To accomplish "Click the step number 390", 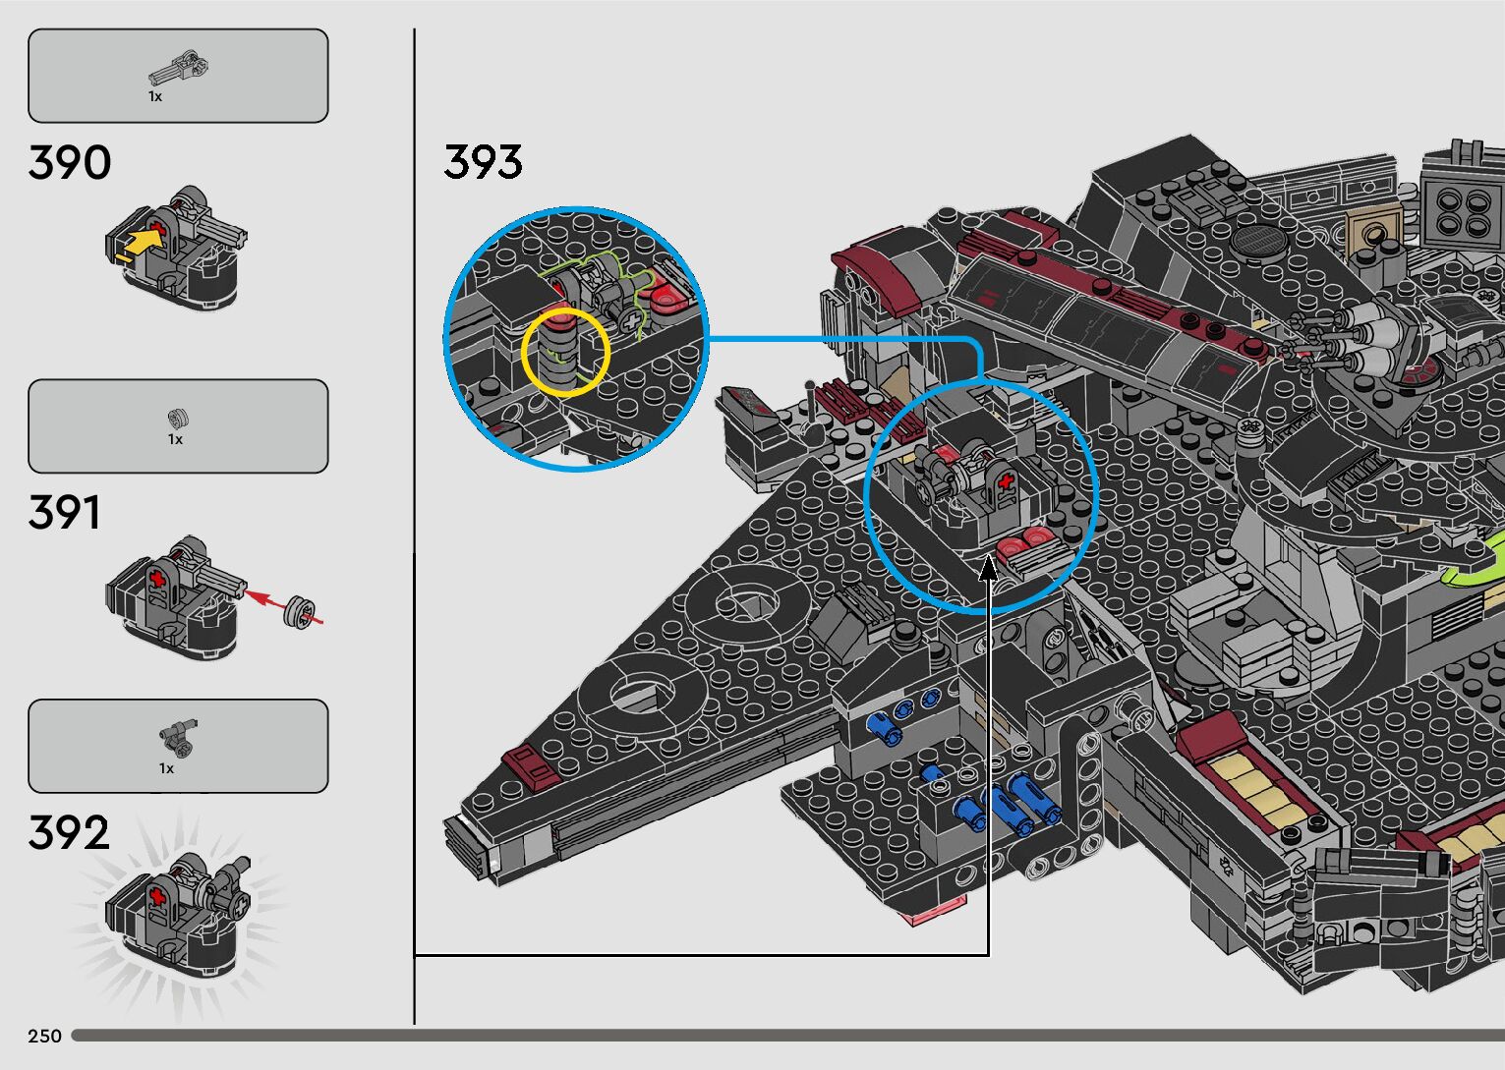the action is point(70,163).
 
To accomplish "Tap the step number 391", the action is point(65,513).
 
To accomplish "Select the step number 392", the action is point(69,833).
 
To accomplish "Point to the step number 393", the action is point(483,162).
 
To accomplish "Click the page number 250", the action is point(44,1036).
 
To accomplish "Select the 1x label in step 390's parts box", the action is point(155,97).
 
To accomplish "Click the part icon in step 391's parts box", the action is point(177,419).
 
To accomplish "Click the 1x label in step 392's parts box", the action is point(166,768).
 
